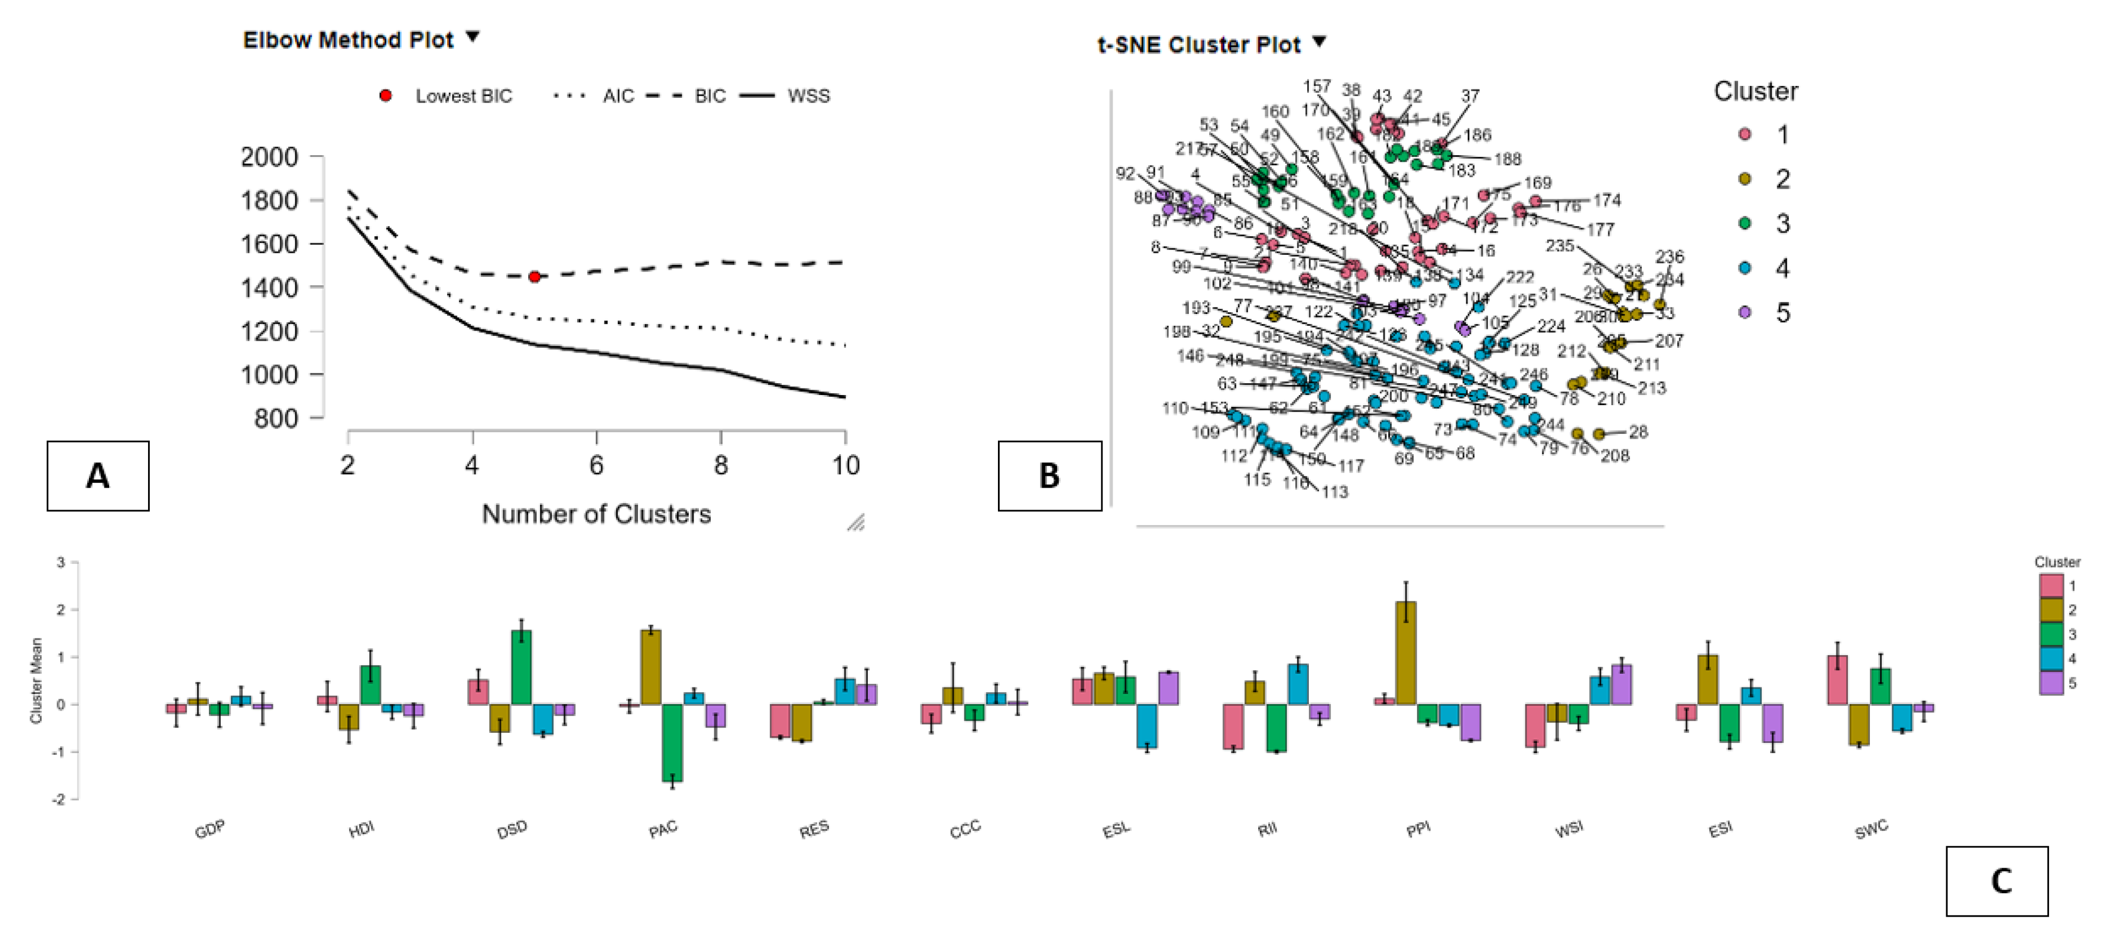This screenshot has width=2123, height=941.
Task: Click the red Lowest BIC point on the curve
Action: (534, 277)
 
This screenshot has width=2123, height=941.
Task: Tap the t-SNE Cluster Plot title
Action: (1198, 45)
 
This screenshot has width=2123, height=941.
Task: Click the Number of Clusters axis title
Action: (596, 514)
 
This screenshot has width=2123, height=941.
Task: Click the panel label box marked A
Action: (97, 476)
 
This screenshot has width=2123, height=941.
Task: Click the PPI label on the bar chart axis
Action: (1418, 829)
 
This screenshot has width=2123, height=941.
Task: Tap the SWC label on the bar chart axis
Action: (1871, 829)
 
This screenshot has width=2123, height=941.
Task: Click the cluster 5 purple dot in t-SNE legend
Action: (1745, 312)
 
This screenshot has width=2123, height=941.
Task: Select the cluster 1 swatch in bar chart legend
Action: (2051, 585)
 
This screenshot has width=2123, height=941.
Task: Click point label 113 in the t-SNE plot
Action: (1335, 492)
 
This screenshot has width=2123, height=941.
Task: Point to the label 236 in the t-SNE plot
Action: (1669, 256)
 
